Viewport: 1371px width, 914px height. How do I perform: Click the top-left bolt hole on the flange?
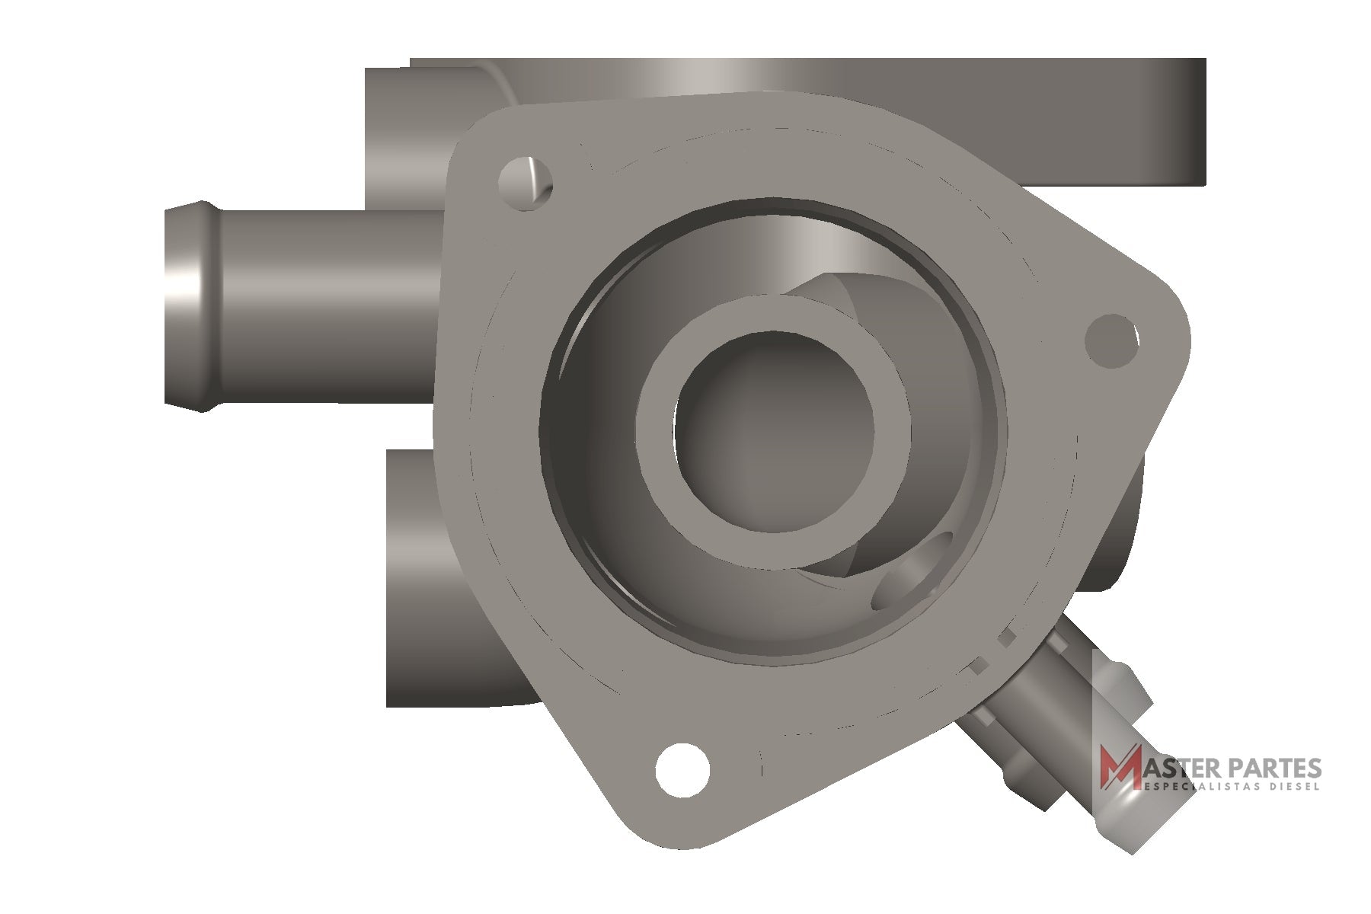click(x=526, y=180)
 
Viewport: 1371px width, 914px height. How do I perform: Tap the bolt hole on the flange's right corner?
click(x=1112, y=341)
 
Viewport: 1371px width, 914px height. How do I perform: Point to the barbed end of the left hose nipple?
click(x=187, y=305)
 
